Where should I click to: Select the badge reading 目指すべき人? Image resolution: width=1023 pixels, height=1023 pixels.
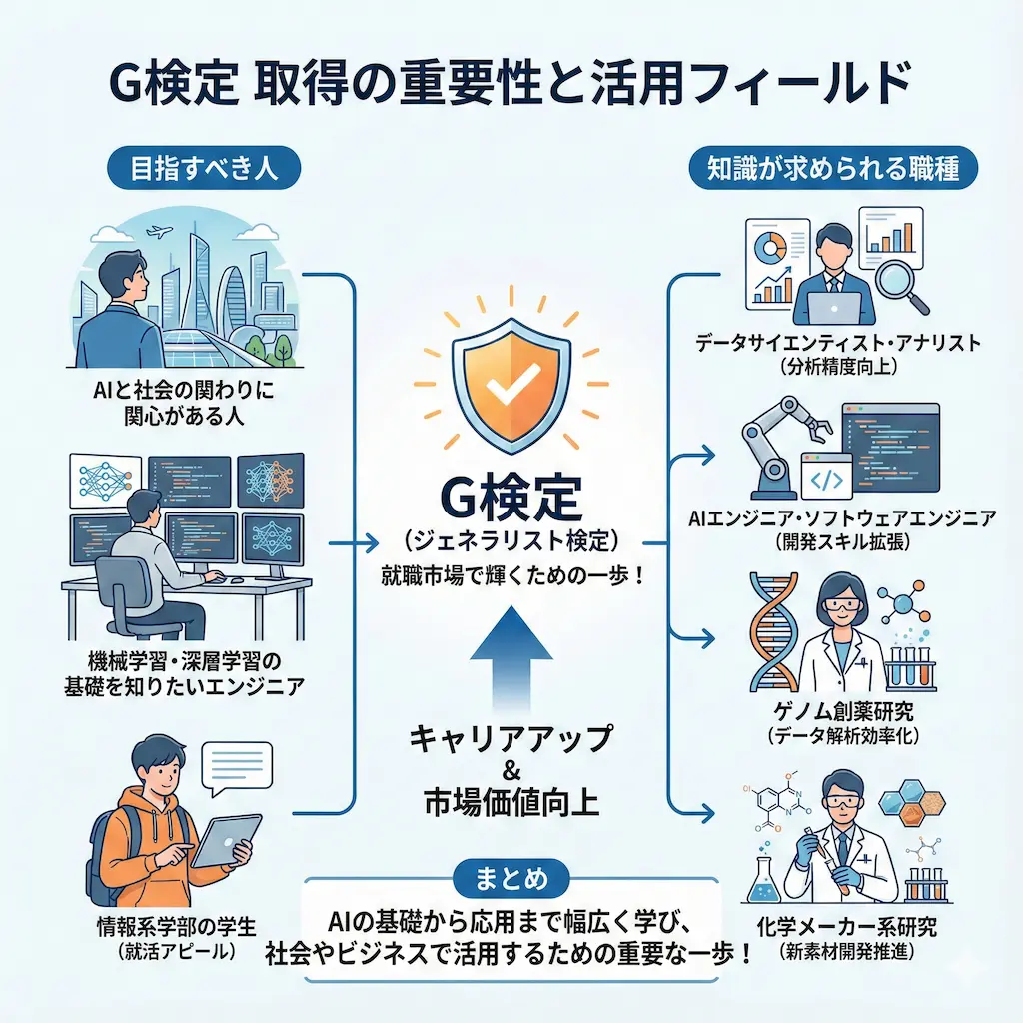point(204,168)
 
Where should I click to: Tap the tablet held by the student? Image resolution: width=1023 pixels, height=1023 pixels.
point(221,836)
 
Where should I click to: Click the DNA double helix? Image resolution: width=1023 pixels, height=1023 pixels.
point(773,630)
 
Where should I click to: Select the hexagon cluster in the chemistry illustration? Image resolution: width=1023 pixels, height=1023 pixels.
point(904,804)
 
